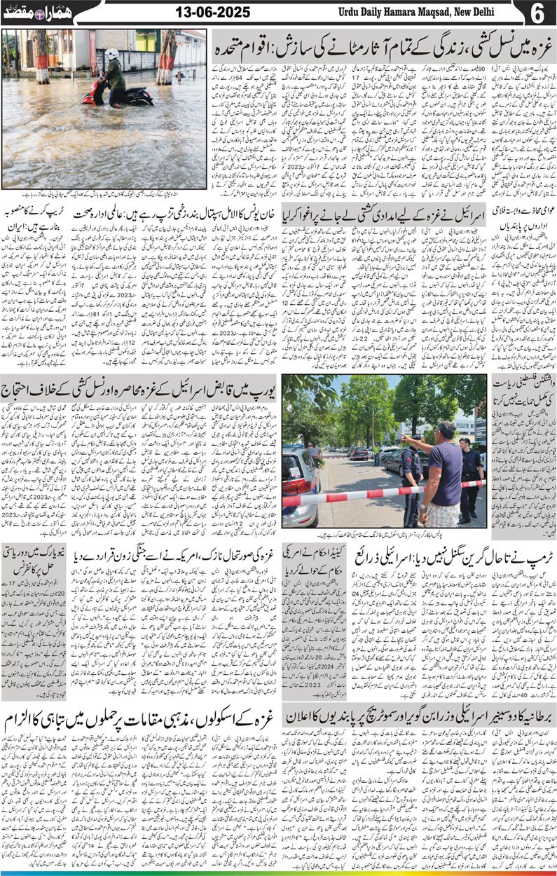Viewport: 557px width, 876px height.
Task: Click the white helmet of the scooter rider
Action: point(112,54)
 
